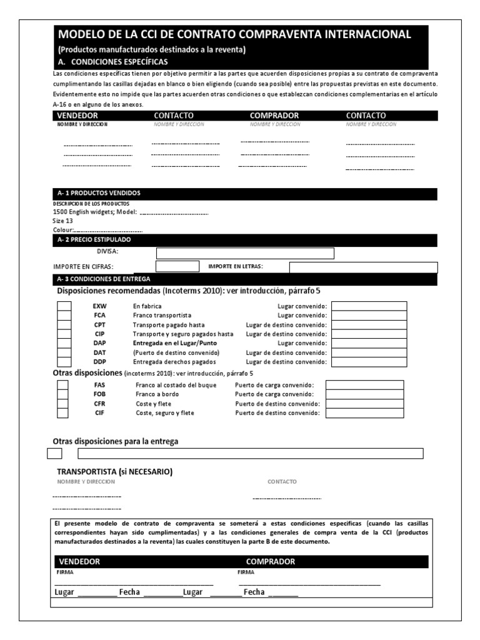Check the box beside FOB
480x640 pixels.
coord(63,394)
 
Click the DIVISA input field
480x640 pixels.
coord(245,253)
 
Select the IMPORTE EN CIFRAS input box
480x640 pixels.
coord(177,267)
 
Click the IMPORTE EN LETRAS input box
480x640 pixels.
coord(363,267)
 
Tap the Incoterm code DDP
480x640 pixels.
coord(100,362)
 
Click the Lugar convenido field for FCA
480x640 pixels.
coord(369,316)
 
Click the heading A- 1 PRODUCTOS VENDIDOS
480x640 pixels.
coord(99,194)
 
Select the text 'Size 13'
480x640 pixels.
coord(63,221)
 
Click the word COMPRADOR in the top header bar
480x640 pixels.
coord(274,116)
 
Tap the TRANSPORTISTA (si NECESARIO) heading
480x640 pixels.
coord(115,471)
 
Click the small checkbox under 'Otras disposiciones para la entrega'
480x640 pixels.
coord(54,454)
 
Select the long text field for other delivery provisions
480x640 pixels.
coord(250,454)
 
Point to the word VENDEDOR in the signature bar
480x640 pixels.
coord(78,562)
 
